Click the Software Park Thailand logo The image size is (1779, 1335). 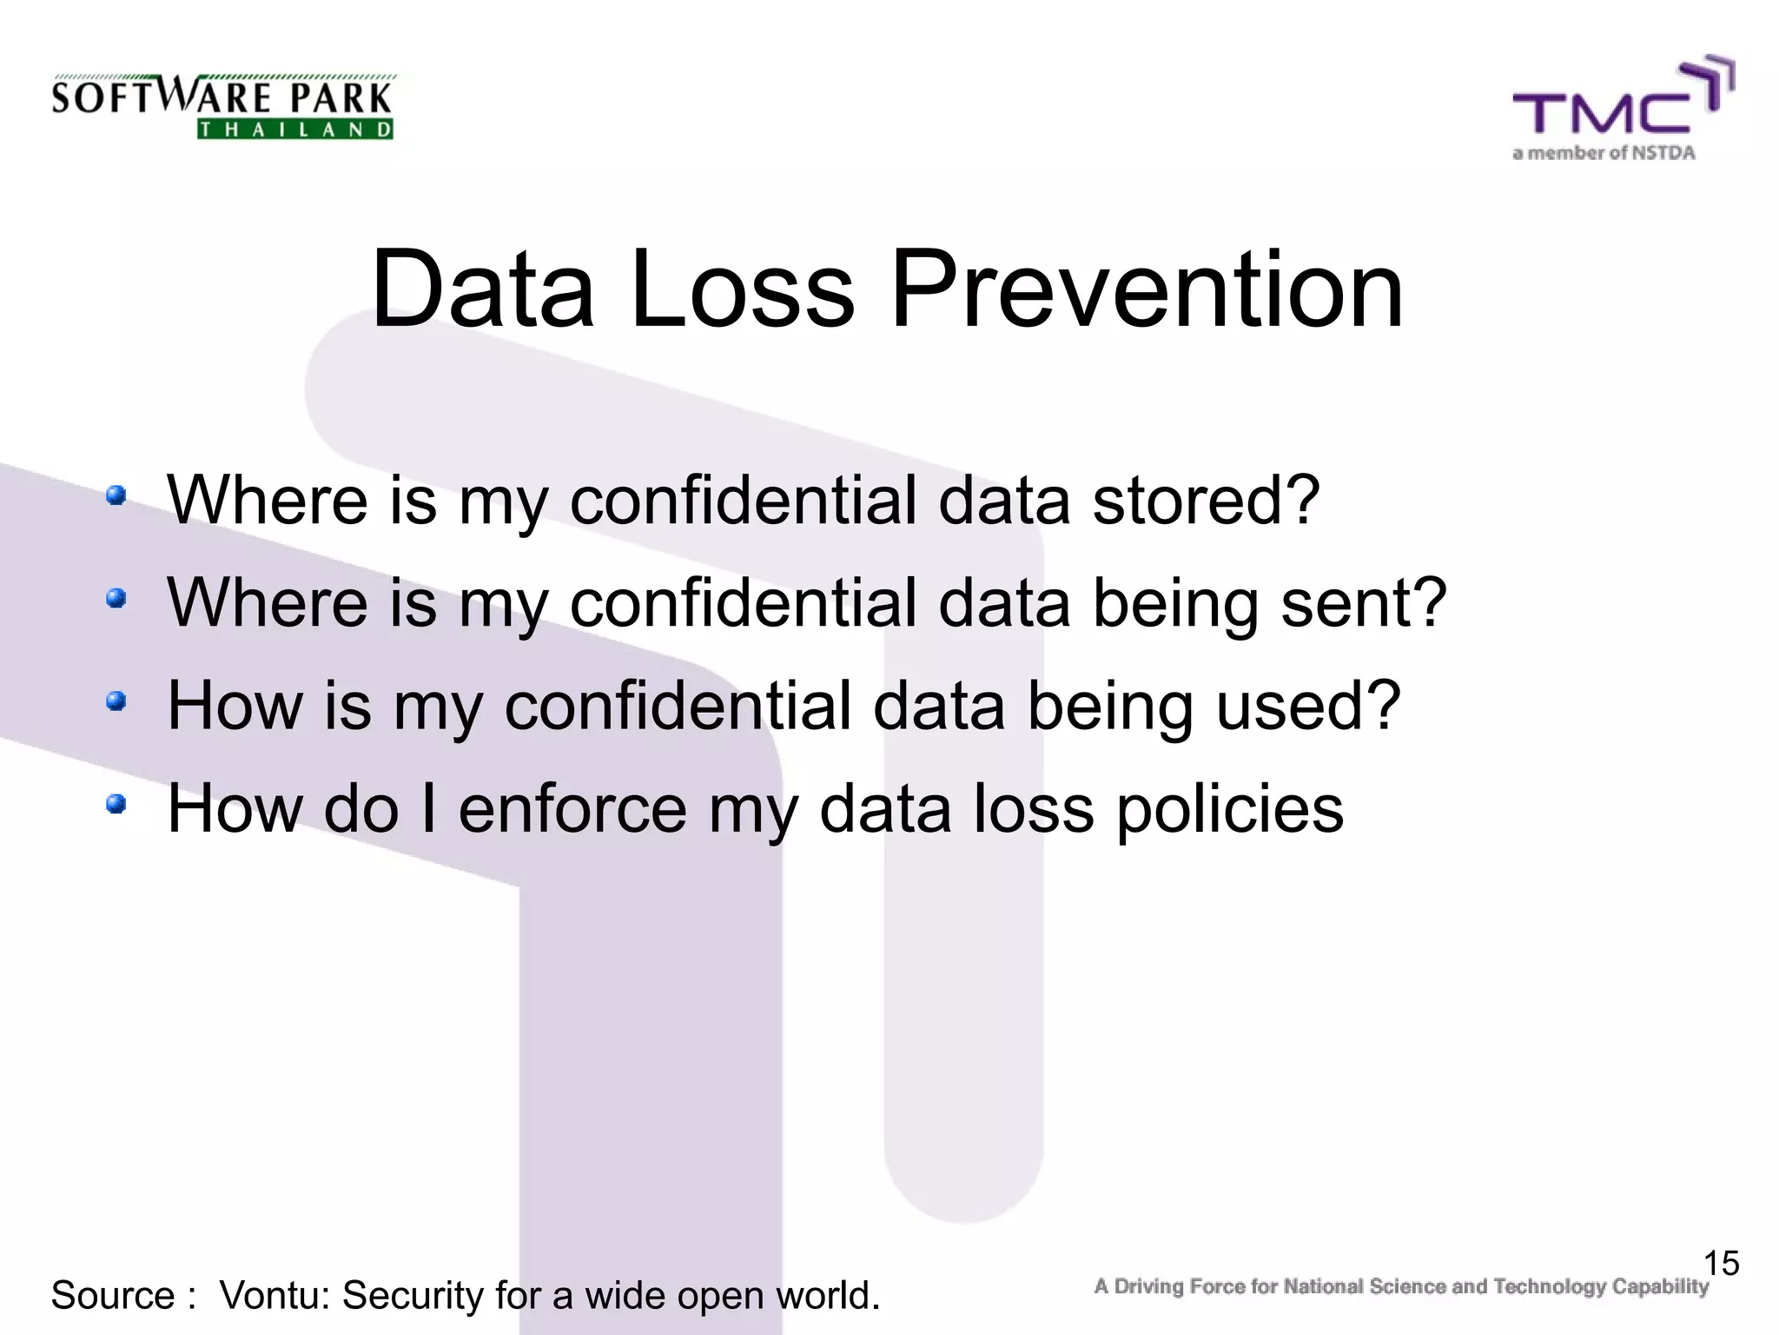click(x=222, y=106)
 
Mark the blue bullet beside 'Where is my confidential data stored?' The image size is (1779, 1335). click(x=116, y=495)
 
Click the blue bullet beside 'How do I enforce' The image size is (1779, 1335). click(x=116, y=804)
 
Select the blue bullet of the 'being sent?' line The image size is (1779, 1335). click(x=116, y=598)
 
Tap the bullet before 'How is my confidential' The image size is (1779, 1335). click(x=116, y=701)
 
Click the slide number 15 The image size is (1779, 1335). click(x=1721, y=1263)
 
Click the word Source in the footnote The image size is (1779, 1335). click(x=113, y=1295)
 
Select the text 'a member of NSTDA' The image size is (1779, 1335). click(x=1604, y=153)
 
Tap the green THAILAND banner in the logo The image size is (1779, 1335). click(x=295, y=130)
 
